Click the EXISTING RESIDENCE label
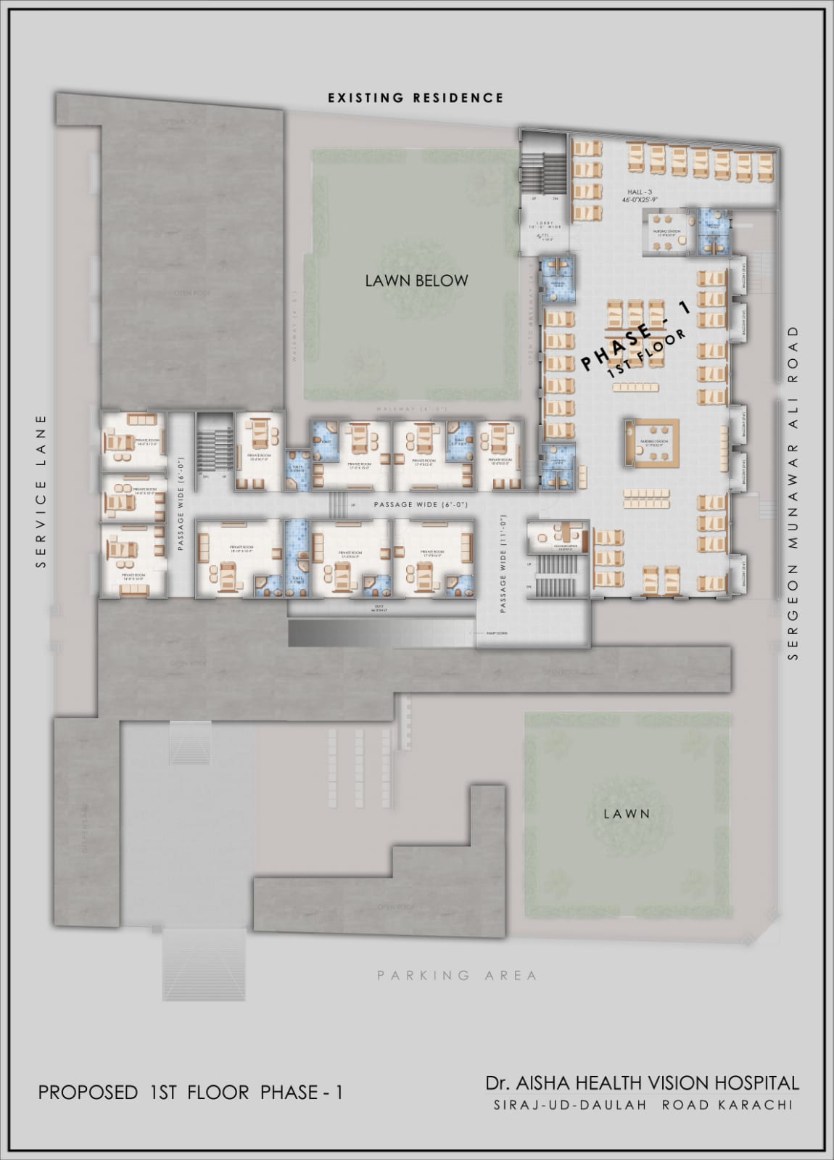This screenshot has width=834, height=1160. [x=415, y=97]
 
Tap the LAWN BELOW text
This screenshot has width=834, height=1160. [x=416, y=280]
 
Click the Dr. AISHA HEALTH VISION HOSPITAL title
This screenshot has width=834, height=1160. [x=643, y=1083]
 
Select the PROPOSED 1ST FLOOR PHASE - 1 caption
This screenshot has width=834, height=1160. [x=190, y=1093]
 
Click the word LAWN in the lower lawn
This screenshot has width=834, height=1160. [x=627, y=814]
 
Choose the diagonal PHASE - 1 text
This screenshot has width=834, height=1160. [x=635, y=337]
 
